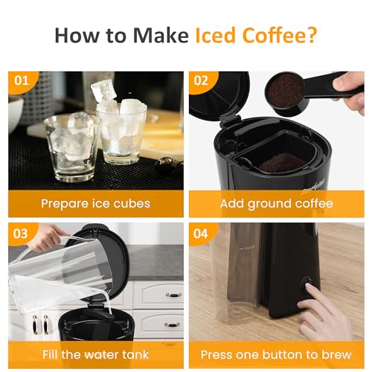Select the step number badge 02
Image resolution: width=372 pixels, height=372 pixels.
tap(201, 81)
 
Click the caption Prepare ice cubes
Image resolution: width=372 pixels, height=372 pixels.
tap(95, 202)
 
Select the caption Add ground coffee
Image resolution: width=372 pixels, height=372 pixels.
tap(276, 202)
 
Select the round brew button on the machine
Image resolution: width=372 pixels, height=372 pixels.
tap(305, 283)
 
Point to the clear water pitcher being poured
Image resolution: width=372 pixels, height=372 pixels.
tap(60, 275)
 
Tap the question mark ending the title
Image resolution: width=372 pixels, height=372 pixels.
tap(312, 35)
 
